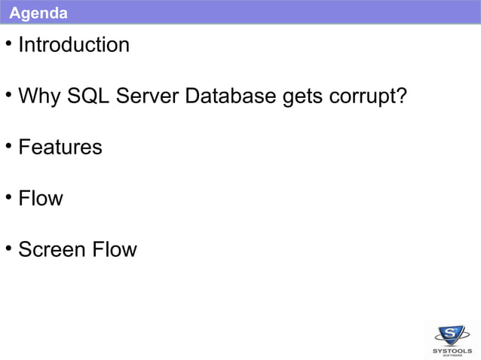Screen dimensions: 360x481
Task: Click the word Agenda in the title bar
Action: (x=38, y=13)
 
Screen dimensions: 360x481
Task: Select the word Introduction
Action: (x=74, y=45)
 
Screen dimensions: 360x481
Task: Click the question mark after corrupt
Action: (x=400, y=96)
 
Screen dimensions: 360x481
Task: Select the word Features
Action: (x=60, y=147)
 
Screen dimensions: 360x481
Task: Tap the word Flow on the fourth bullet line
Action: (x=41, y=198)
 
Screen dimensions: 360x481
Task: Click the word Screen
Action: (x=52, y=249)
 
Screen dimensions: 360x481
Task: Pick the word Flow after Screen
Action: (x=115, y=249)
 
